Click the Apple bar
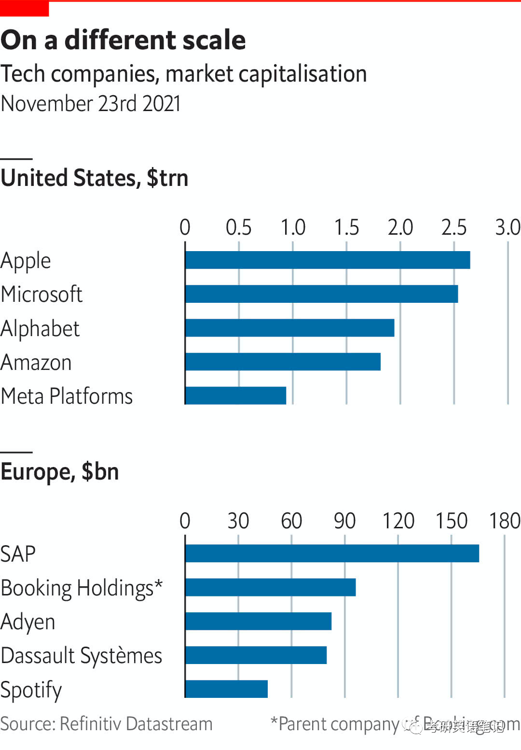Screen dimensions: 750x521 pos(328,260)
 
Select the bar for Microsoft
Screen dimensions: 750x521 pos(321,294)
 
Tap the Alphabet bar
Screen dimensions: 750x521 pos(289,328)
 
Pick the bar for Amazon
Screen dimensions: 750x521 pos(283,362)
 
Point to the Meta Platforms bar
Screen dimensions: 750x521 pos(235,396)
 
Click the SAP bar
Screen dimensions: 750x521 pos(332,553)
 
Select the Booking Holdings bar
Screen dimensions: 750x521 pos(270,587)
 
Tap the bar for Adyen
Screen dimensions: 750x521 pos(258,621)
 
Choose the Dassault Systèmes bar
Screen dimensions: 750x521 pos(256,655)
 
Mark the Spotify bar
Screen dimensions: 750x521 pos(226,689)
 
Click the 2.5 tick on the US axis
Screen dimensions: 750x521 pos(454,227)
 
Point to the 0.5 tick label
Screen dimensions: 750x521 pos(239,227)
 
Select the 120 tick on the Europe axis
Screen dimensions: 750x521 pos(398,521)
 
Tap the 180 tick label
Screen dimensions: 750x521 pos(505,521)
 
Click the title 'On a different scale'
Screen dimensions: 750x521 pos(123,40)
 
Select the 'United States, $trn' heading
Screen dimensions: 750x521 pos(95,178)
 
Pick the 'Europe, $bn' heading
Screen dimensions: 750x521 pos(60,471)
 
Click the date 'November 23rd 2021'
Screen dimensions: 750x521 pos(91,103)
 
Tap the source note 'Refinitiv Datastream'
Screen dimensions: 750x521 pos(136,724)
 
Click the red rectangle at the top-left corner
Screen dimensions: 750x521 pos(24,8)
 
